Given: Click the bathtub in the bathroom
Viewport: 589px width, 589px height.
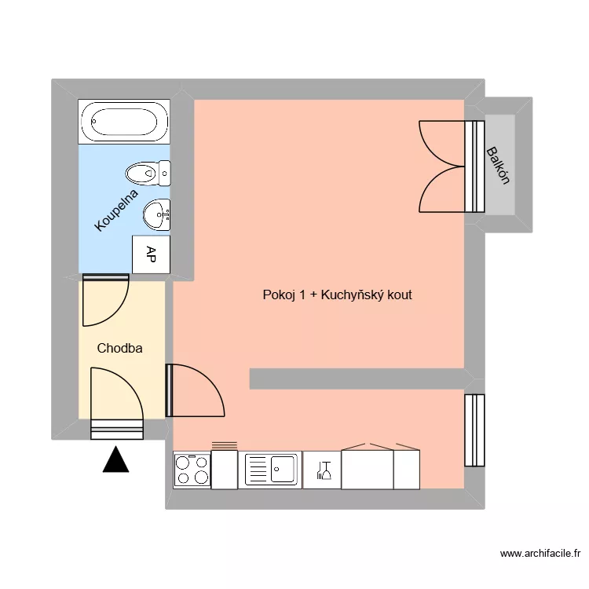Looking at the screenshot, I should (123, 122).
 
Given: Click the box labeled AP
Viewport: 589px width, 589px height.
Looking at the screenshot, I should (151, 254).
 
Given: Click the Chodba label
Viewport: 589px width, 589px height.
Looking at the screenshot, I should (119, 348).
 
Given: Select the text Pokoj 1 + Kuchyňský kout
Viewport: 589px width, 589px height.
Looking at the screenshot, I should (337, 295).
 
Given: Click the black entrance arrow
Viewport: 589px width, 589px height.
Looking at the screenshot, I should (116, 459).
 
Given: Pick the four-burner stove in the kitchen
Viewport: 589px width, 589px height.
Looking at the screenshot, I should (192, 470).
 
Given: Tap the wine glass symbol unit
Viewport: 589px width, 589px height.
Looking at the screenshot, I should (322, 470).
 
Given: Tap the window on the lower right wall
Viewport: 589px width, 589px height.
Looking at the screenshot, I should (474, 430).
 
